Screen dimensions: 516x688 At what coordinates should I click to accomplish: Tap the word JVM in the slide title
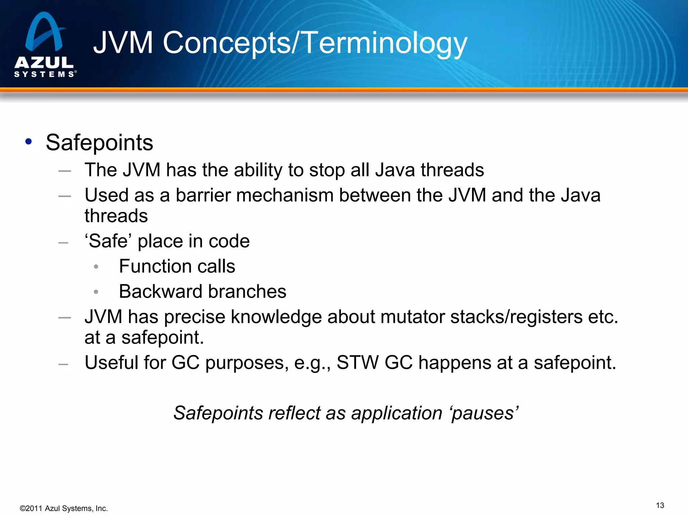(123, 43)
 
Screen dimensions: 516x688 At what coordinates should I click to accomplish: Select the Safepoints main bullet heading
(99, 143)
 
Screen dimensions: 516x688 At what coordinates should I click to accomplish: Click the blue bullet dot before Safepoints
(29, 141)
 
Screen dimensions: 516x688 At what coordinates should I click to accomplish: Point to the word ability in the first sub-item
(258, 170)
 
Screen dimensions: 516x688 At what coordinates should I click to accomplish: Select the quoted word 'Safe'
(109, 241)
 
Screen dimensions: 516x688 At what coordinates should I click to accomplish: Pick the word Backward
(161, 292)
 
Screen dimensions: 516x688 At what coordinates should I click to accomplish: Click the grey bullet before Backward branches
(96, 292)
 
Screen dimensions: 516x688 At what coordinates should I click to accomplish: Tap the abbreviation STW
(357, 363)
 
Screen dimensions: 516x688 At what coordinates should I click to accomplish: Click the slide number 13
(660, 506)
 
